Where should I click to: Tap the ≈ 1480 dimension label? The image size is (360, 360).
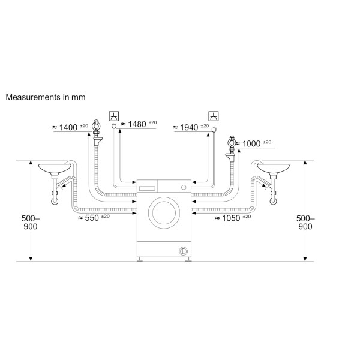tap(139, 124)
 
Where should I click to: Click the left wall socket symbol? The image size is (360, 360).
tap(112, 115)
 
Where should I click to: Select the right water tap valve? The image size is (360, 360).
tap(230, 143)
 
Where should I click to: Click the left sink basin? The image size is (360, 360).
tap(53, 169)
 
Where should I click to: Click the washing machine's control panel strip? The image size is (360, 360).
tap(164, 187)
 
